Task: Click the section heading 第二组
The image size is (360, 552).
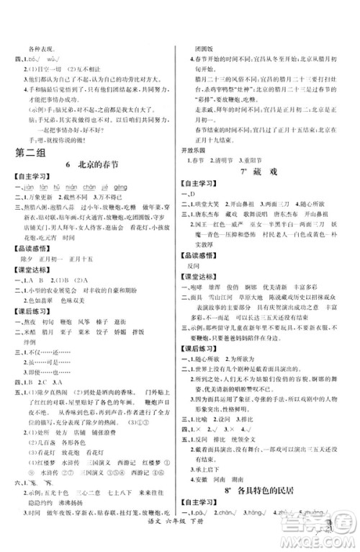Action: (x=28, y=153)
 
